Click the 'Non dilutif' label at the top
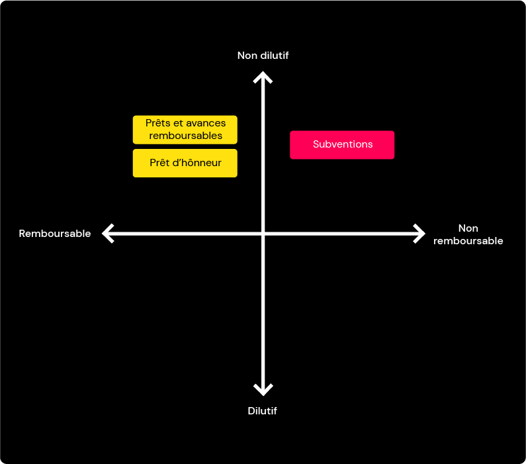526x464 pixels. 263,56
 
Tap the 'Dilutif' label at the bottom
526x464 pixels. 262,410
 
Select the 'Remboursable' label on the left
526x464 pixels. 55,234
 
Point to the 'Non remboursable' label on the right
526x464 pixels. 468,234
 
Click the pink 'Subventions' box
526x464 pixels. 342,145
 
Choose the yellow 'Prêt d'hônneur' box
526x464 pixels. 185,163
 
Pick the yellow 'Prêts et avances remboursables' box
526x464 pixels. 185,130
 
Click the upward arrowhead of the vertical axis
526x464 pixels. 263,77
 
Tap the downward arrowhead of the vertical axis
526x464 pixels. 263,390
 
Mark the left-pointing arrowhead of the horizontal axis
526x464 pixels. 108,234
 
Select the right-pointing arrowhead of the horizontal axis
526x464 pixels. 419,234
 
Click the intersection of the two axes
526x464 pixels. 263,234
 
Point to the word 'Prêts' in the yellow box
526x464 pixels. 157,123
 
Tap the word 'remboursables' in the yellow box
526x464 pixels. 185,136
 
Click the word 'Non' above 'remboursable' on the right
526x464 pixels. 468,228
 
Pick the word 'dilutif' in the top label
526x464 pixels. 275,56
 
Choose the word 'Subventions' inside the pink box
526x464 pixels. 343,144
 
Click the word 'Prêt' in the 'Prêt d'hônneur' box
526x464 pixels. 159,163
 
